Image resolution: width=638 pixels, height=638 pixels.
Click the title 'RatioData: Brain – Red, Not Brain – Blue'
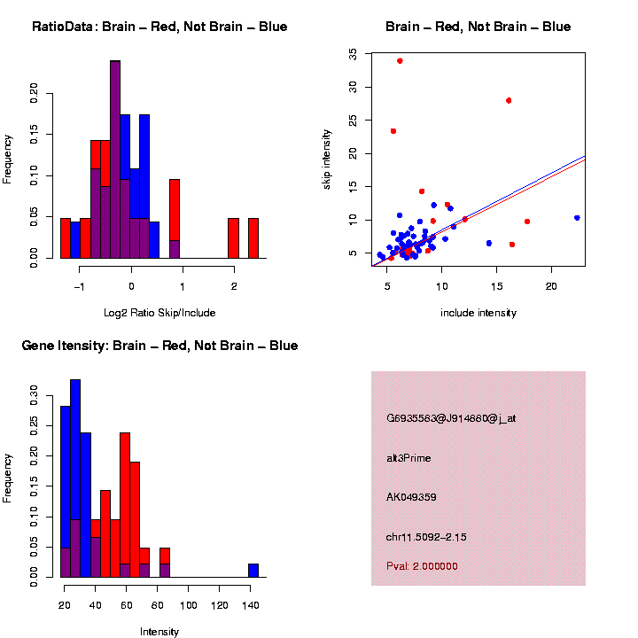coord(159,27)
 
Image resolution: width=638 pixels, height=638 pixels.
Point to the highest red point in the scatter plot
coord(400,60)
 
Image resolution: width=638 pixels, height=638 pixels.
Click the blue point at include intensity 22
coord(577,217)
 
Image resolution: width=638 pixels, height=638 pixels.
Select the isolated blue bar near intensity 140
coord(253,571)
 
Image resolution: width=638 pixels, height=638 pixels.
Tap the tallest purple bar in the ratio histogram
coord(115,159)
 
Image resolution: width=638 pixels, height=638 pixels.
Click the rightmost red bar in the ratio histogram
coord(253,238)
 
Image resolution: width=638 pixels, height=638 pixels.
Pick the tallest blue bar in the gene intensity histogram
coord(75,478)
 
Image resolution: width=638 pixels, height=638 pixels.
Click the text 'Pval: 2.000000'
coord(423,566)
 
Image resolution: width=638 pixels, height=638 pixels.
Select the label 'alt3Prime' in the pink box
coord(408,458)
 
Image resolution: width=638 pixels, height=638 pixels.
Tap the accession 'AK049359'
coord(411,497)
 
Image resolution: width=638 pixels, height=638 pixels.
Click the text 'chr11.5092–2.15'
coord(426,537)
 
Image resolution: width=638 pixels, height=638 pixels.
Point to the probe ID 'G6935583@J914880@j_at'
coord(451,418)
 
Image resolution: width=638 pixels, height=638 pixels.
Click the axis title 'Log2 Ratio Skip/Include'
coord(159,312)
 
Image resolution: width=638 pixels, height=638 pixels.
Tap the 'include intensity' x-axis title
coord(478,312)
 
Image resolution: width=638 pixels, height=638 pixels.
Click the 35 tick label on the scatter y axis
coord(354,53)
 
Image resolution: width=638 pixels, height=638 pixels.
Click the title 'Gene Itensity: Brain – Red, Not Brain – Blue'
coord(159,346)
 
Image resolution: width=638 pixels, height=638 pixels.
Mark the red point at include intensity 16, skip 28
coord(509,100)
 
